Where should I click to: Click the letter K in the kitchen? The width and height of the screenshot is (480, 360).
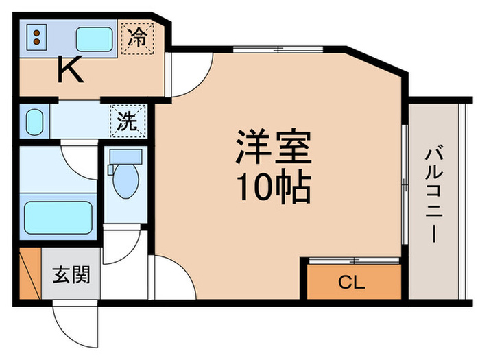pyautogui.click(x=70, y=69)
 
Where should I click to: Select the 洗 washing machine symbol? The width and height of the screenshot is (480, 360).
pyautogui.click(x=128, y=121)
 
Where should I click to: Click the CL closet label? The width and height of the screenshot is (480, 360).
pyautogui.click(x=352, y=282)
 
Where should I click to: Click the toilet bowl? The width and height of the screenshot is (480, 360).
pyautogui.click(x=125, y=182)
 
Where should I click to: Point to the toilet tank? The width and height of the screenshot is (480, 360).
pyautogui.click(x=125, y=156)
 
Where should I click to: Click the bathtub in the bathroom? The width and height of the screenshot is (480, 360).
pyautogui.click(x=58, y=217)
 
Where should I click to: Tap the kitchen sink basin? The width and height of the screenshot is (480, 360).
pyautogui.click(x=94, y=39)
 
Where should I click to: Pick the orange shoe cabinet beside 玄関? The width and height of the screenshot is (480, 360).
pyautogui.click(x=29, y=275)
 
